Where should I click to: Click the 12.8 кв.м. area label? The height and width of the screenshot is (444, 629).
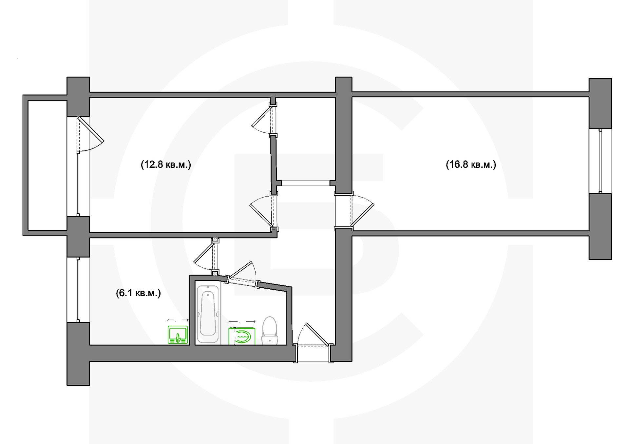166,164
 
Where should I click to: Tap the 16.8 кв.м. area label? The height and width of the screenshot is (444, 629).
471,164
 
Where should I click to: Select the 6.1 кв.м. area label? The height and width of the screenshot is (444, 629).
138,293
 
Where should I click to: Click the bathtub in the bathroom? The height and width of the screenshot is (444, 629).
208,314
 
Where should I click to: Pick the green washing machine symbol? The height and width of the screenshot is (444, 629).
242,336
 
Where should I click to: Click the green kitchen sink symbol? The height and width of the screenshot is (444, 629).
178,335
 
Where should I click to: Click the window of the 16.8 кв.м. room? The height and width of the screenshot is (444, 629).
600,161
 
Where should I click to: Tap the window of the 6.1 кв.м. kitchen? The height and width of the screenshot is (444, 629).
78,289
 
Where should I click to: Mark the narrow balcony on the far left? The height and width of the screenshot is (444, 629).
47,165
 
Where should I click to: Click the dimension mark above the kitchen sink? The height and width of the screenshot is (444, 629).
178,320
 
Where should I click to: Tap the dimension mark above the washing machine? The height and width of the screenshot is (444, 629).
242,321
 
